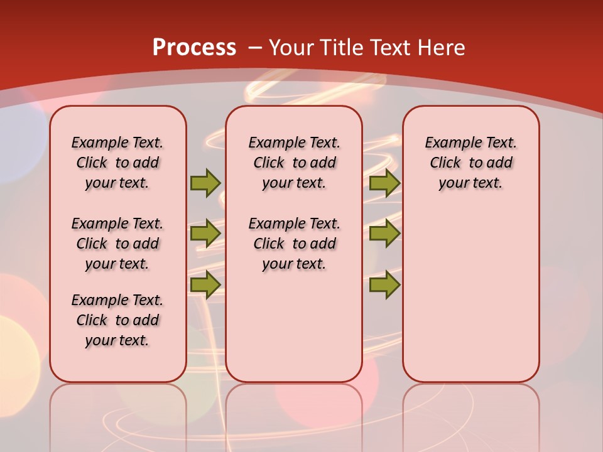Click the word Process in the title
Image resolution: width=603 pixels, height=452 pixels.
pos(194,48)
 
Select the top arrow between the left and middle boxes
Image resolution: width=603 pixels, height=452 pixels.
pos(205,183)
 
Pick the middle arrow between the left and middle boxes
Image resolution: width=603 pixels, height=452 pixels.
pos(205,234)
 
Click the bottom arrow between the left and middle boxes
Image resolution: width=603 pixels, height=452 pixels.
pos(205,284)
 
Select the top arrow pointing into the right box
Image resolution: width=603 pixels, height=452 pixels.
pos(384,183)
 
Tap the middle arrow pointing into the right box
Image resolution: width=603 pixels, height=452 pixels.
pos(384,234)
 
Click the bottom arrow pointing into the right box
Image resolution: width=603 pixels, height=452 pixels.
pos(384,284)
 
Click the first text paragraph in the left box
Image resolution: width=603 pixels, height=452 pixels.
pos(117,163)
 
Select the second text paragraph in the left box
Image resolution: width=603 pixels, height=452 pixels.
pos(117,244)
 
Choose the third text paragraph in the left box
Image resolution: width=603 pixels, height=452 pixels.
pos(117,320)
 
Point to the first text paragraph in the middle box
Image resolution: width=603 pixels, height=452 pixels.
pos(294,163)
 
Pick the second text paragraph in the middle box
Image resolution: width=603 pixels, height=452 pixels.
pos(294,244)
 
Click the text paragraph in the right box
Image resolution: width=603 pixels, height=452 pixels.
pos(470,163)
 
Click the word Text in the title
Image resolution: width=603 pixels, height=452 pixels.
pos(388,48)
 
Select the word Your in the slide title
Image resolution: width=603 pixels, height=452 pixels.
pos(291,48)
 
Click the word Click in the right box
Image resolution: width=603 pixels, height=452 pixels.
pos(445,163)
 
